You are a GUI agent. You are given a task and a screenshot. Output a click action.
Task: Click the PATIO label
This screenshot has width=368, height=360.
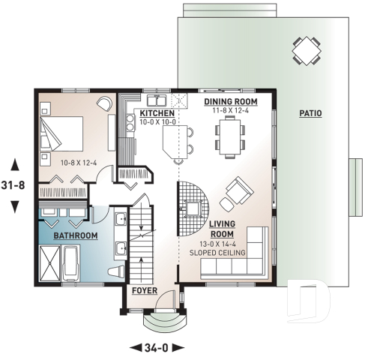tap(310, 114)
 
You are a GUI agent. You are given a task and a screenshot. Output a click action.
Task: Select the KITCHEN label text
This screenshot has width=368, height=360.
tap(156, 113)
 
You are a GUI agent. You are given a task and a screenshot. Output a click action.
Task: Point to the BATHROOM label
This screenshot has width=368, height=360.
tap(75, 236)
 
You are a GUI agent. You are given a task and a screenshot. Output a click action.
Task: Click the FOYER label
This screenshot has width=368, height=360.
tap(145, 290)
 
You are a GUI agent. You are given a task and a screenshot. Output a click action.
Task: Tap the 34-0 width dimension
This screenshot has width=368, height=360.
tap(157, 346)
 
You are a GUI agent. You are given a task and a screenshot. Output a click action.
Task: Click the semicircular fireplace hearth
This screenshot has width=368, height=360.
tap(193, 200)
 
